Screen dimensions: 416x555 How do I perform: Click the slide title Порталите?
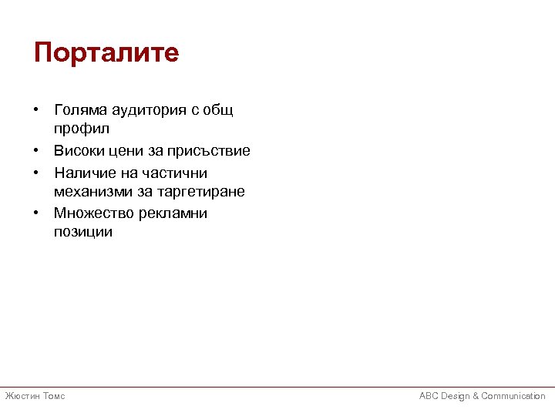(106, 53)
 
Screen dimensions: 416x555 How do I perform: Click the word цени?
(128, 151)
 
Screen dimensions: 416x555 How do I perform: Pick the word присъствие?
(212, 151)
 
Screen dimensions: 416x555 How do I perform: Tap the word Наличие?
(83, 173)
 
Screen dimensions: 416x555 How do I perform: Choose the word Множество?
(91, 213)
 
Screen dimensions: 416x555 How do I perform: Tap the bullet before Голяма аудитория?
(37, 111)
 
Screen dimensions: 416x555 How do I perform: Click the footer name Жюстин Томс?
(35, 396)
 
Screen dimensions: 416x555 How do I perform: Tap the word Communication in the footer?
(513, 396)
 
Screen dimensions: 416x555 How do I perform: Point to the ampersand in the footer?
(476, 396)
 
